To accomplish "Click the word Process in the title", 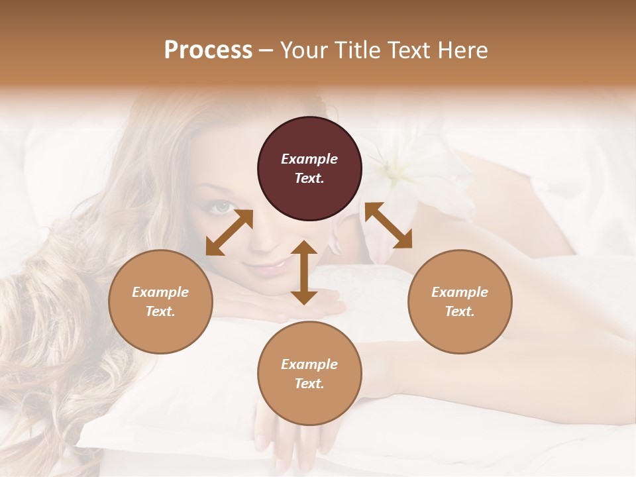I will click(x=208, y=50).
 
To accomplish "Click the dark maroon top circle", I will click(x=309, y=169).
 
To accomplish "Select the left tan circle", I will click(x=160, y=301).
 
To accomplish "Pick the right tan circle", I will click(x=460, y=301).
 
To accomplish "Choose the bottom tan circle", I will click(x=309, y=374).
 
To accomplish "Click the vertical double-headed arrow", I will click(x=304, y=272).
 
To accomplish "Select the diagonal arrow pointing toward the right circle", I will click(x=388, y=225).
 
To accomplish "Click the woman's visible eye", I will click(x=221, y=207).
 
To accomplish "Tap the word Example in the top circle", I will click(x=309, y=159).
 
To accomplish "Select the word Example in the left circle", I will click(x=160, y=292).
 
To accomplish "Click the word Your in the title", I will click(x=303, y=50).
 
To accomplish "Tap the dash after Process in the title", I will click(x=266, y=50).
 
